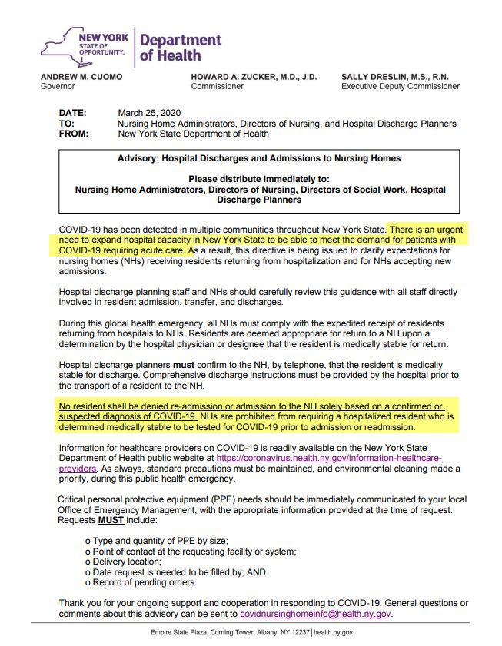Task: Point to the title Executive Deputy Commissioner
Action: point(401,87)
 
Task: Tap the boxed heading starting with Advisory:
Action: point(258,159)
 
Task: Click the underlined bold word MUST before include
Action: point(111,518)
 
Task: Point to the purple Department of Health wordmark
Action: point(181,48)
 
